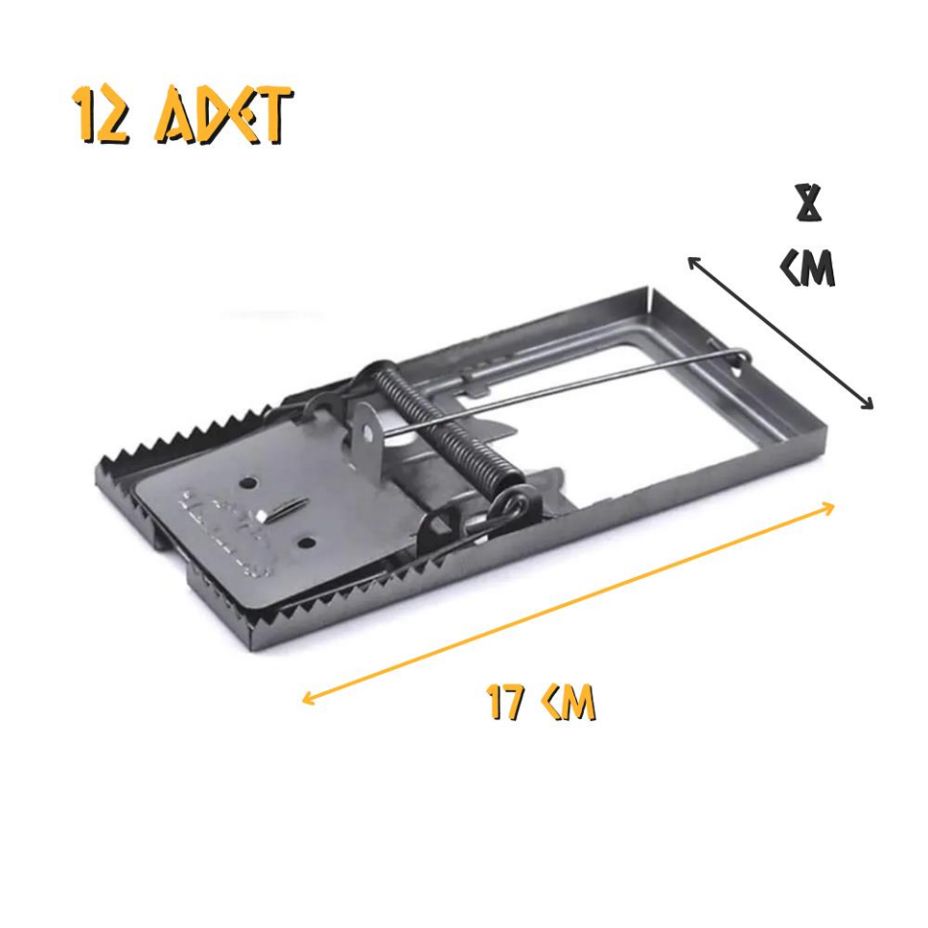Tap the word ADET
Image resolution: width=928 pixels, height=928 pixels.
click(x=222, y=116)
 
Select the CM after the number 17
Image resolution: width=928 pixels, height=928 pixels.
click(x=568, y=703)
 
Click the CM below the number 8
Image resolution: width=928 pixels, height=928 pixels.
click(x=808, y=268)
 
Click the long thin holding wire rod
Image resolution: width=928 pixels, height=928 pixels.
click(x=580, y=384)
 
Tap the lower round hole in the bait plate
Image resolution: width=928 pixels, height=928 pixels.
click(x=308, y=541)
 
